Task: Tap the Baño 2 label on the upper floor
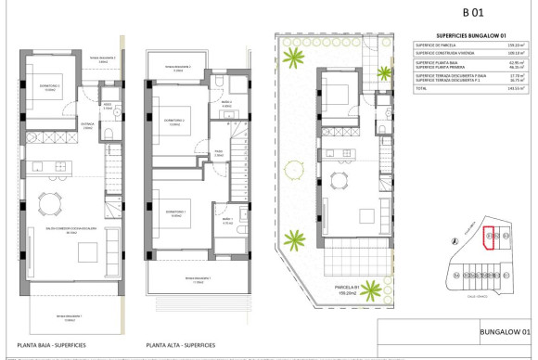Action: click(228, 104)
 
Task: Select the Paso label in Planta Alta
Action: click(219, 152)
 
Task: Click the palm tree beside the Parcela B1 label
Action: click(372, 289)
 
